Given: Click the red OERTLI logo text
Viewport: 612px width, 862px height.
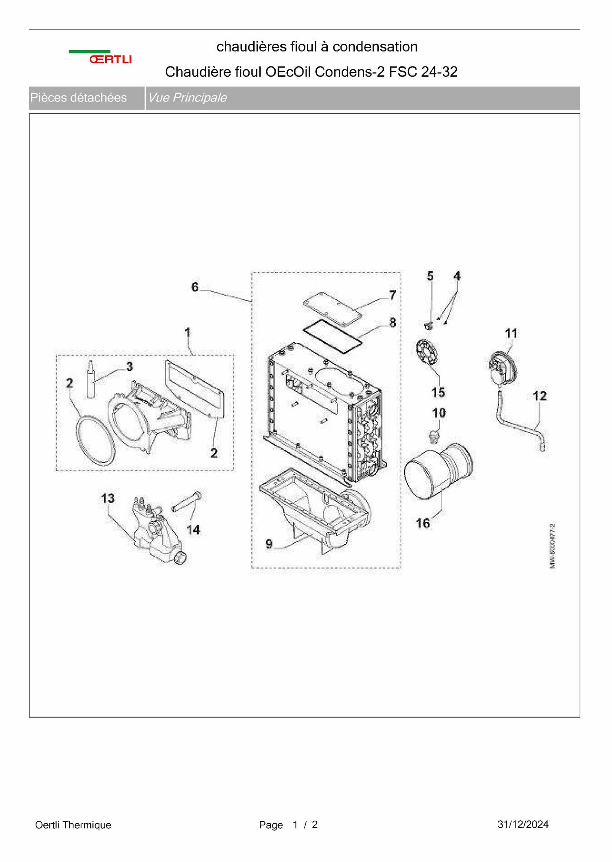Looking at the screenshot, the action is click(x=111, y=59).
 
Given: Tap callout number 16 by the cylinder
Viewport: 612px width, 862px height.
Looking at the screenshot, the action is click(x=423, y=523).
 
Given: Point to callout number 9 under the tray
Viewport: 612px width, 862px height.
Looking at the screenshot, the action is click(x=269, y=544).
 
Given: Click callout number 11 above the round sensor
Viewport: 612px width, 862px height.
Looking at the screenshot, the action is click(x=511, y=333).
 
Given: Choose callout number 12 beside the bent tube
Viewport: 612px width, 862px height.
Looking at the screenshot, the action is click(x=540, y=396).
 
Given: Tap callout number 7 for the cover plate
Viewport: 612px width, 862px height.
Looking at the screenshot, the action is click(x=392, y=295).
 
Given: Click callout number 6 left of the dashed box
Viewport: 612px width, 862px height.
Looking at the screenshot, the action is click(x=195, y=287).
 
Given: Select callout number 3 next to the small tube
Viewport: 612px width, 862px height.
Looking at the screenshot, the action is click(x=130, y=367).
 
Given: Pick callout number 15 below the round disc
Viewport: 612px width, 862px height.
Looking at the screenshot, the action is click(x=438, y=392).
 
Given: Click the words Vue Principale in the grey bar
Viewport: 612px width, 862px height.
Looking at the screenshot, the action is click(x=188, y=98).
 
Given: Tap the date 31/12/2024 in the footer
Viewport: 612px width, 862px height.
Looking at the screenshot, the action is click(x=523, y=824).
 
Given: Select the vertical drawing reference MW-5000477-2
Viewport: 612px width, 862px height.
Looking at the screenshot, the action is click(x=553, y=546).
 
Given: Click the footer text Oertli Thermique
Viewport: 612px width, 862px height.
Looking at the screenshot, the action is click(x=73, y=825).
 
